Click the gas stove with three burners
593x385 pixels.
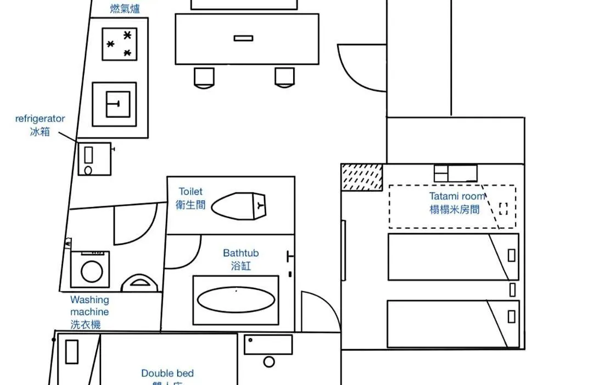(120, 44)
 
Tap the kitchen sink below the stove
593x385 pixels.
(114, 104)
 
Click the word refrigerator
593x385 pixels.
(40, 118)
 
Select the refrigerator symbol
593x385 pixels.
(94, 159)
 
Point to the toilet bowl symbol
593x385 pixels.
(239, 206)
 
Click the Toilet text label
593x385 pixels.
(191, 191)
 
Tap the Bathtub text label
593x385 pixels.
(240, 253)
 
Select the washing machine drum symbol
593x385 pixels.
(90, 270)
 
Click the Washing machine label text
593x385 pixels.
(89, 306)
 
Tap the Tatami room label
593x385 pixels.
(457, 196)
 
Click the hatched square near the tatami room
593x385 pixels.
(362, 177)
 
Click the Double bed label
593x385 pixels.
(167, 373)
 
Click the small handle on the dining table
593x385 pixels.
(243, 38)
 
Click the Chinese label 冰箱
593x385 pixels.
(40, 131)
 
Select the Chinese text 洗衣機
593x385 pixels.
(86, 324)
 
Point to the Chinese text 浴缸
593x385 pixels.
(240, 266)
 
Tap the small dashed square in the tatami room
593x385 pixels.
(504, 208)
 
